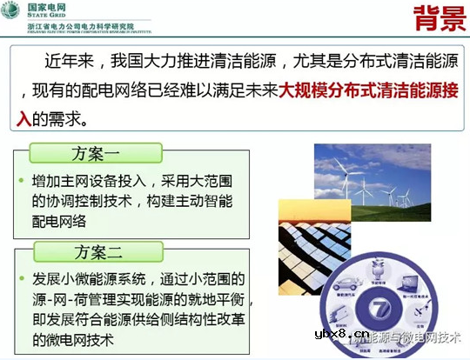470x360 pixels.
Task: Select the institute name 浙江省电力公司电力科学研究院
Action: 81,26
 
